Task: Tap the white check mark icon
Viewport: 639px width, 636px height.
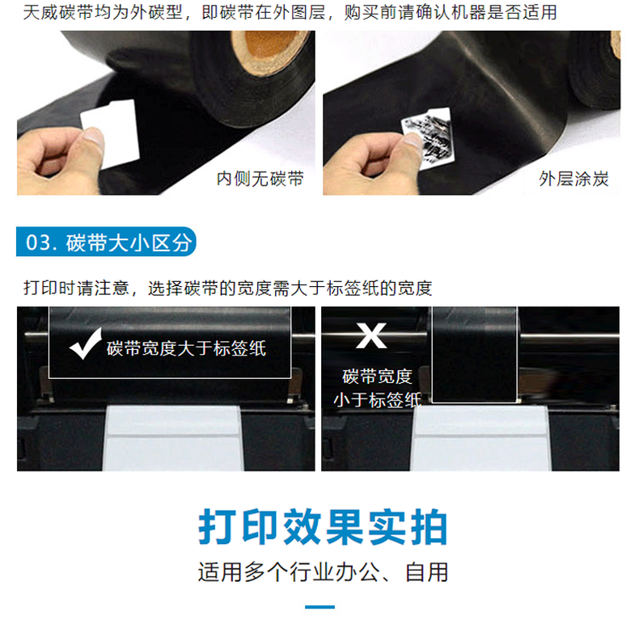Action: point(85,344)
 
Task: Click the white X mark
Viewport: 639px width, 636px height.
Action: point(370,336)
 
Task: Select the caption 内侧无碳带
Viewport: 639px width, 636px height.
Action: point(260,179)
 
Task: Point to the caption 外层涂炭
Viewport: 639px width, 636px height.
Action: point(573,179)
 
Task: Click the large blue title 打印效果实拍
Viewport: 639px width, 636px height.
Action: point(324,527)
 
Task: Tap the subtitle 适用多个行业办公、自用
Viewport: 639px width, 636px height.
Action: point(324,572)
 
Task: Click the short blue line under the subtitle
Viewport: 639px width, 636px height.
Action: point(320,607)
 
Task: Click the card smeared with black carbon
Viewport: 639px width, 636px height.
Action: point(428,137)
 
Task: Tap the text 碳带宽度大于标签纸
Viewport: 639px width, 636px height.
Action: point(187,348)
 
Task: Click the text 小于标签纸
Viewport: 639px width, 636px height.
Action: point(378,400)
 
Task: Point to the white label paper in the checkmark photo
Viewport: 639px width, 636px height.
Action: point(173,438)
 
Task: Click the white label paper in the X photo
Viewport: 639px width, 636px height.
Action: point(481,438)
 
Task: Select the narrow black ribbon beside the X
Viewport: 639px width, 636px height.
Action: point(474,354)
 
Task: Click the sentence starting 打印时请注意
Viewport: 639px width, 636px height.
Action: point(228,289)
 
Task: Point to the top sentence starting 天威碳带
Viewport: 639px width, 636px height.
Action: point(290,13)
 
